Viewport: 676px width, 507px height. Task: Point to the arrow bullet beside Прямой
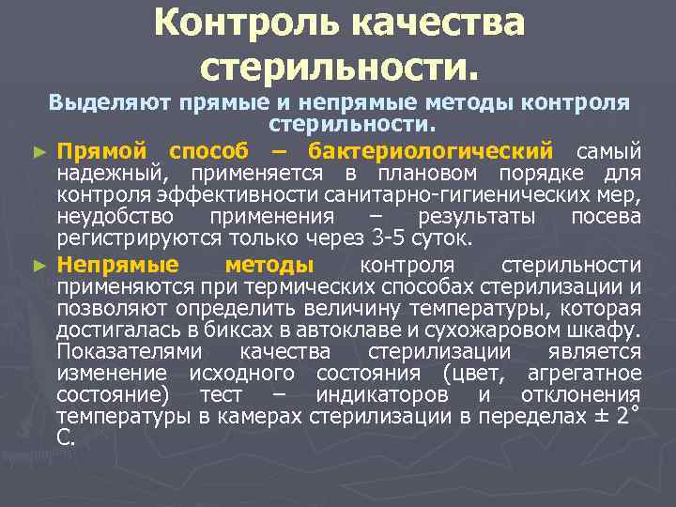[38, 151]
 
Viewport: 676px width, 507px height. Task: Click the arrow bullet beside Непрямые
[38, 266]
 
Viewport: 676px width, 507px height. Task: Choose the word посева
[606, 218]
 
